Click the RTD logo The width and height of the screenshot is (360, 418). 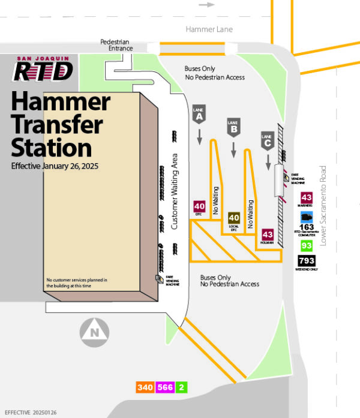(43, 70)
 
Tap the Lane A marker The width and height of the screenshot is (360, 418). (199, 115)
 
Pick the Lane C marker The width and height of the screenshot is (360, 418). (268, 140)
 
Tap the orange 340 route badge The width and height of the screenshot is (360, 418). (145, 387)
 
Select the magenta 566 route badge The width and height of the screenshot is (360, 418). (164, 387)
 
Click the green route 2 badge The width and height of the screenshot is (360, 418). (181, 387)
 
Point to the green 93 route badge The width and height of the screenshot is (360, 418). (307, 246)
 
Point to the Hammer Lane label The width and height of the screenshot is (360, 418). (209, 29)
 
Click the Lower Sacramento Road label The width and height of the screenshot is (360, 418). (323, 206)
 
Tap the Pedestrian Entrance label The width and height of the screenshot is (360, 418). (115, 45)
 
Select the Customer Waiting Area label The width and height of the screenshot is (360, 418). (175, 191)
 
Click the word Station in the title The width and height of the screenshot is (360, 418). (52, 148)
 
